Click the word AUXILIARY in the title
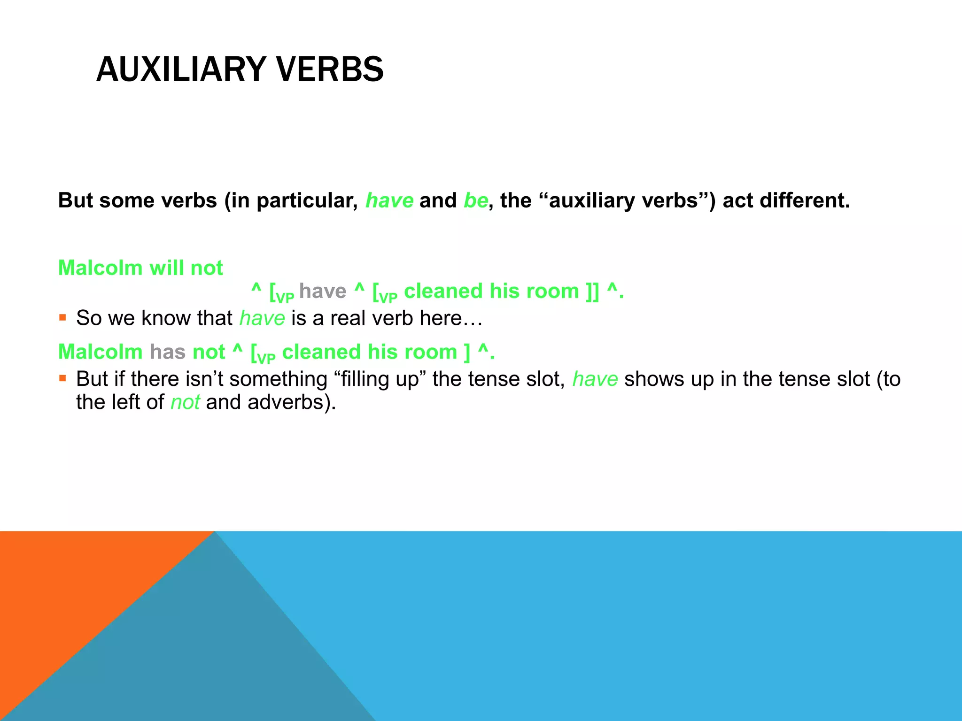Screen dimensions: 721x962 (x=181, y=69)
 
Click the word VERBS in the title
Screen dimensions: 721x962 (x=330, y=69)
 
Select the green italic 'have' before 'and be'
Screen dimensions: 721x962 (x=389, y=201)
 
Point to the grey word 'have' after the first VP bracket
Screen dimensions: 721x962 (x=323, y=291)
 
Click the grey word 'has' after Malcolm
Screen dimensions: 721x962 (x=168, y=352)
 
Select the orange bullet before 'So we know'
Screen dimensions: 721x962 (x=62, y=318)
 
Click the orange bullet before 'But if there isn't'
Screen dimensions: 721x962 (x=62, y=378)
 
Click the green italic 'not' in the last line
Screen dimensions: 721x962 (x=185, y=402)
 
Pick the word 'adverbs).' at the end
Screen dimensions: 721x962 (x=292, y=402)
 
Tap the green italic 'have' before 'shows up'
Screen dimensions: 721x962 (x=595, y=379)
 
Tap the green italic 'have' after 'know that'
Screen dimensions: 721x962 (x=262, y=318)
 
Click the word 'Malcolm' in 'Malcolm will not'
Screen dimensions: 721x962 (x=100, y=268)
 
